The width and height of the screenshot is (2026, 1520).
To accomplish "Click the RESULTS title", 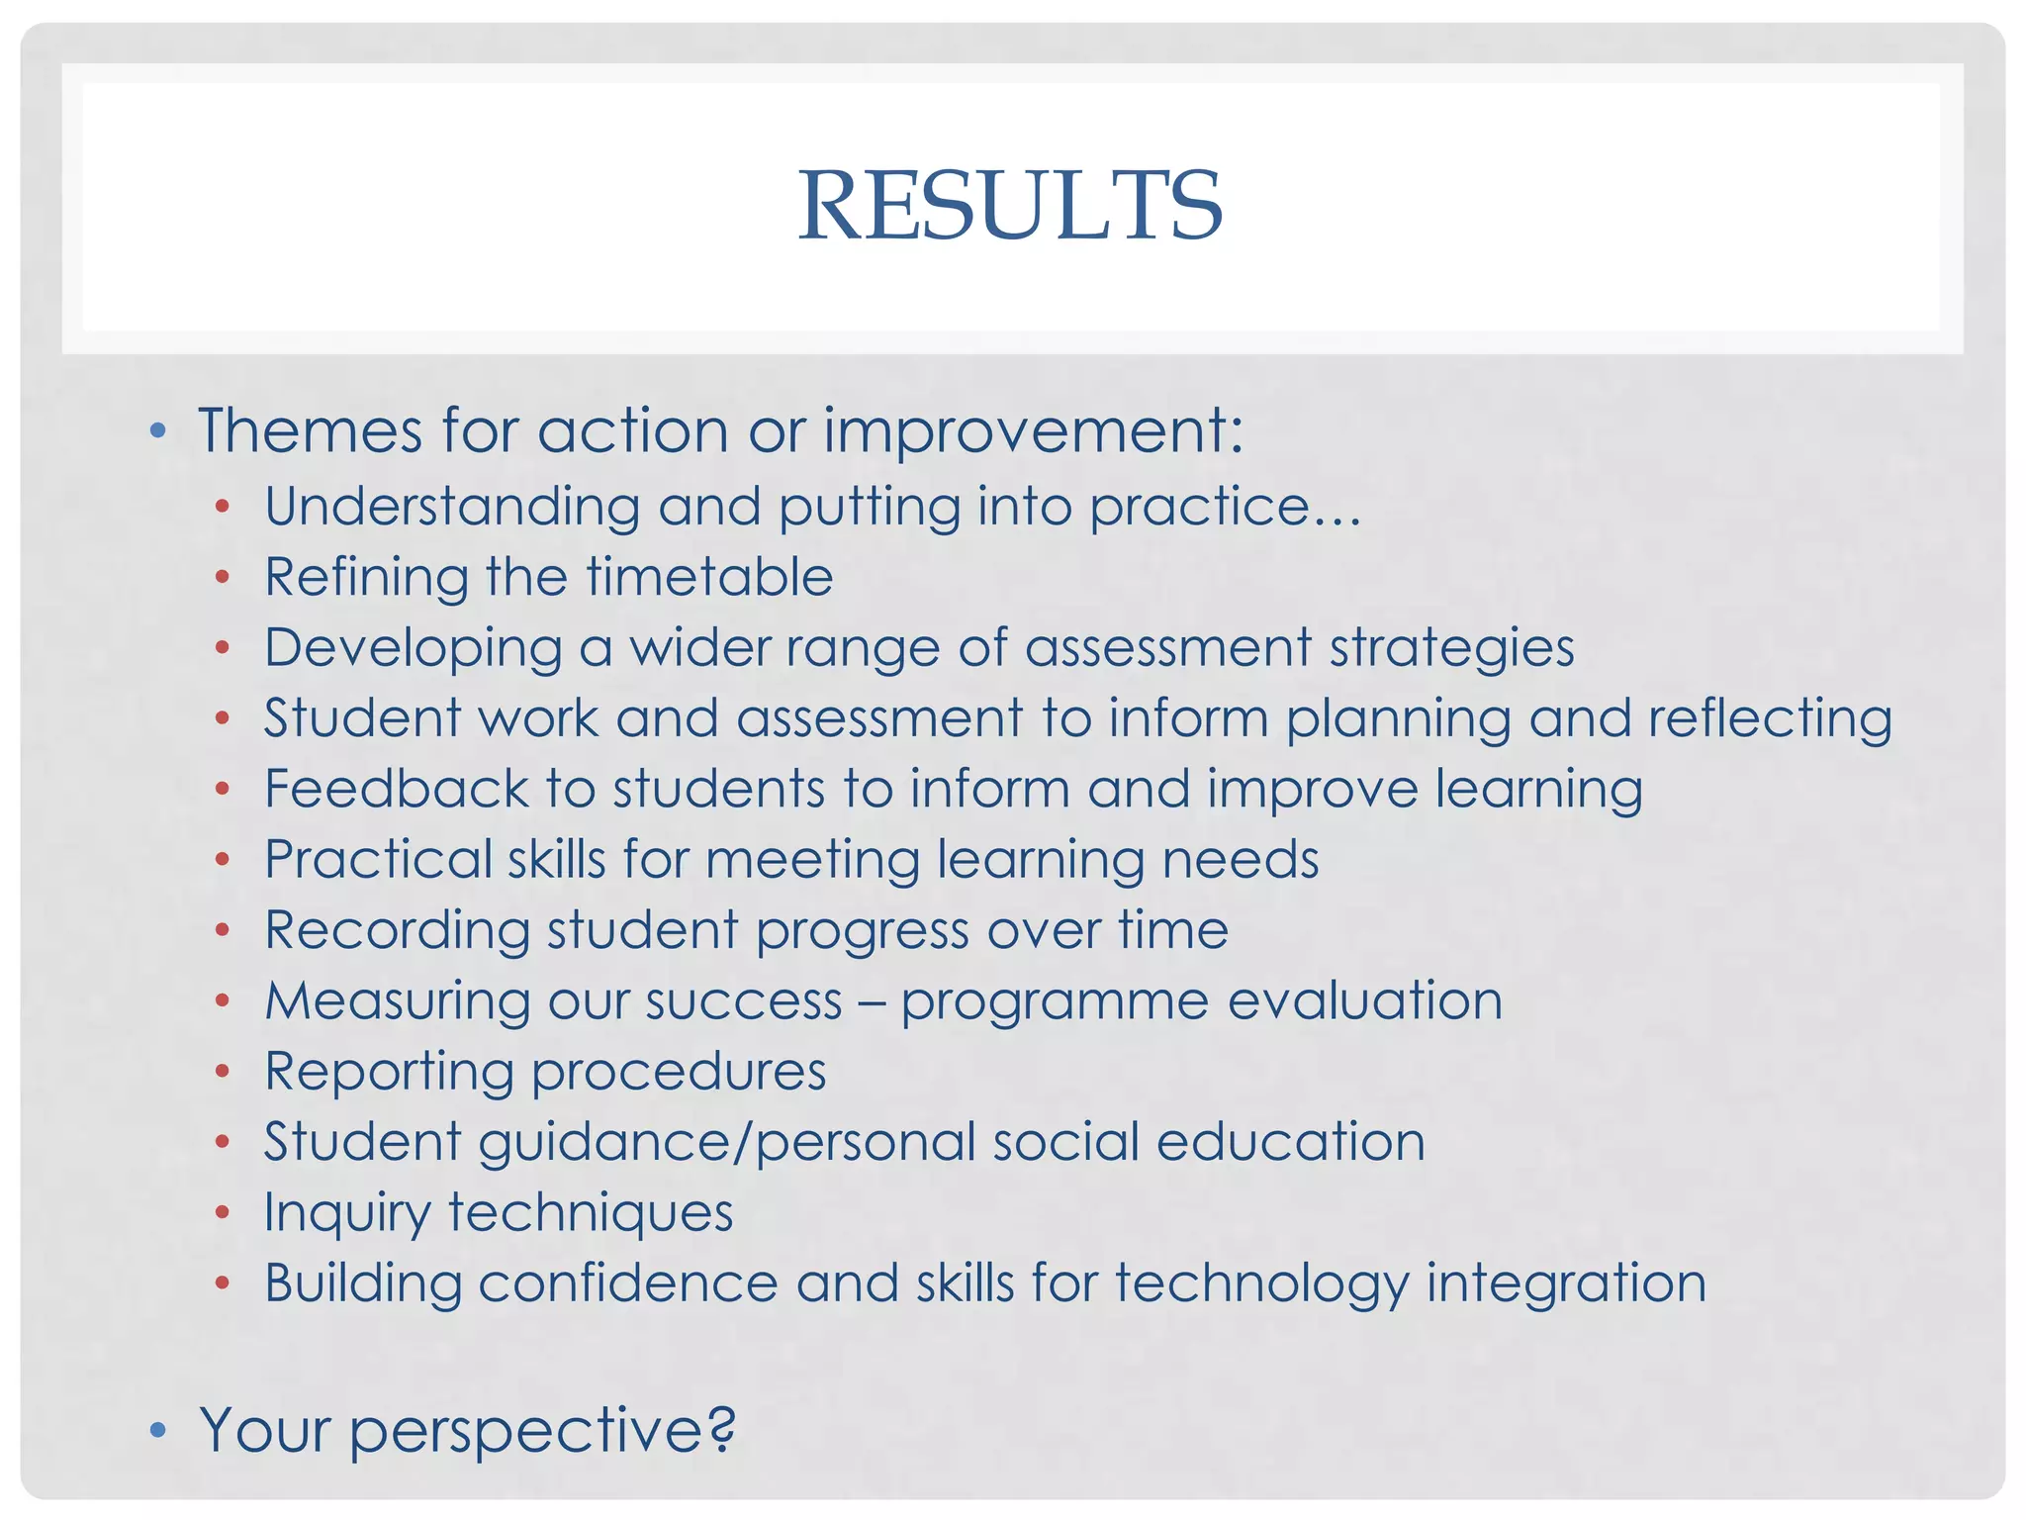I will pos(1010,205).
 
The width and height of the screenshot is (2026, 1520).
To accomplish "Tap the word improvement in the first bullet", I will pos(1033,432).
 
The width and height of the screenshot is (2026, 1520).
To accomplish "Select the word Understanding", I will pos(452,508).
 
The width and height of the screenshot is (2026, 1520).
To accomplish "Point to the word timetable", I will pos(708,577).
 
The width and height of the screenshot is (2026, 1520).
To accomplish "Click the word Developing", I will pos(413,649).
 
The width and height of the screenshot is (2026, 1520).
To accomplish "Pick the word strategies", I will pos(1450,649).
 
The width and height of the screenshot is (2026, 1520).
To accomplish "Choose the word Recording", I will pos(397,931).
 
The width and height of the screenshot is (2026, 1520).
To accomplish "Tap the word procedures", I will pos(679,1072).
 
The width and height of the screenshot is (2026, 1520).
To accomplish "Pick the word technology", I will pos(1261,1284).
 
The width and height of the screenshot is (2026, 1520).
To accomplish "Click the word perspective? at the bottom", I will pos(542,1431).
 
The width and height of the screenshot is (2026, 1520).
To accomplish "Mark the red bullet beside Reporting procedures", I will pos(223,1071).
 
